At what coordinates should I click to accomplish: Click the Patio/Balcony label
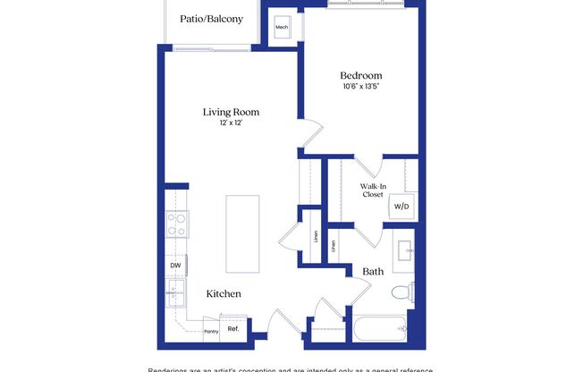(211, 18)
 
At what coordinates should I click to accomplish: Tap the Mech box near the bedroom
(282, 27)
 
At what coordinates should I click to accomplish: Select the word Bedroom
(361, 75)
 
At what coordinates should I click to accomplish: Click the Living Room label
(231, 112)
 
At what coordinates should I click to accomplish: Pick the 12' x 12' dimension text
(231, 123)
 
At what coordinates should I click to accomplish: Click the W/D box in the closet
(399, 207)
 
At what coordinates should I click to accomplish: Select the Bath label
(374, 271)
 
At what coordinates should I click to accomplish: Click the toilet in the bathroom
(407, 291)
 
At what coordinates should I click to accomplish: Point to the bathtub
(380, 329)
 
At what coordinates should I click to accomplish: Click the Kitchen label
(224, 293)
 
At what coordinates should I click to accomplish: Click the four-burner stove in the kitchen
(176, 224)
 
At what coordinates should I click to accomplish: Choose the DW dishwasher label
(175, 266)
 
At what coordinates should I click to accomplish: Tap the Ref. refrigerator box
(232, 328)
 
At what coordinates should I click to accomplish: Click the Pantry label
(211, 331)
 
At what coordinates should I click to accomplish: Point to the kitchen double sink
(174, 291)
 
